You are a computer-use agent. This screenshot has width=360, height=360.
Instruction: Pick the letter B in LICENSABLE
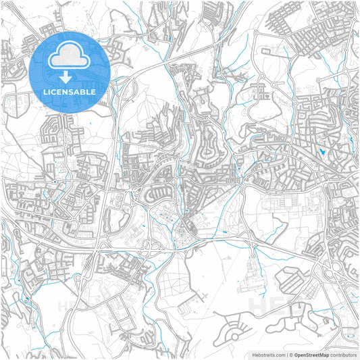(81, 91)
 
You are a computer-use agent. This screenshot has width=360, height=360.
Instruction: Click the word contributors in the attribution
(343, 355)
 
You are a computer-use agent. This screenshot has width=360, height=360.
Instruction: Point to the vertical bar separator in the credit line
(286, 355)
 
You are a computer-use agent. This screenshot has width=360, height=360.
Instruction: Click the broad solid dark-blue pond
(324, 152)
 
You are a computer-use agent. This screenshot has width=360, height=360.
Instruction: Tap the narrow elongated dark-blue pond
(351, 141)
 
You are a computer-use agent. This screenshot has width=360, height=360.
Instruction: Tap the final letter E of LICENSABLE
(93, 91)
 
